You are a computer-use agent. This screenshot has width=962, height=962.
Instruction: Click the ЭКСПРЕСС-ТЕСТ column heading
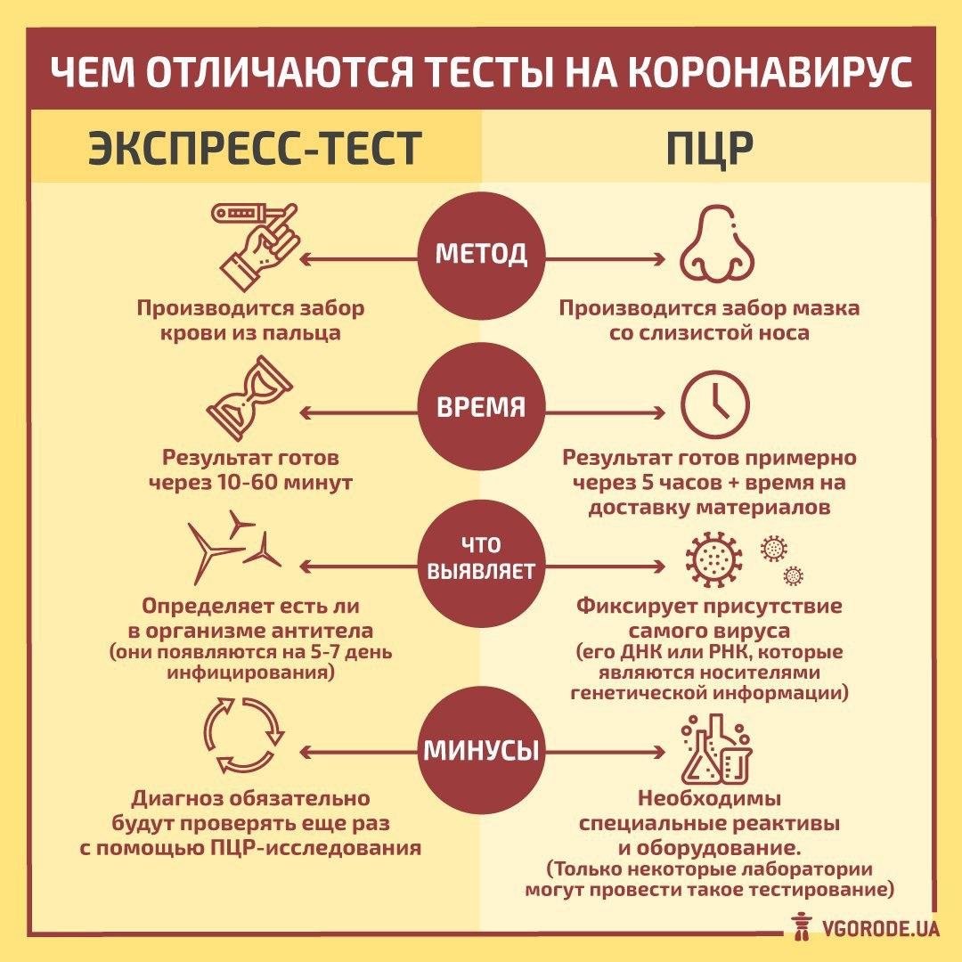click(x=253, y=148)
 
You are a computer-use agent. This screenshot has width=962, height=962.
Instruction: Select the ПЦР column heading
click(x=709, y=148)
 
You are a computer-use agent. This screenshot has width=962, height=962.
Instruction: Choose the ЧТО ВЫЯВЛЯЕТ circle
click(x=481, y=558)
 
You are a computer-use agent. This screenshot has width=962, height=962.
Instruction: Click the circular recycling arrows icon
click(x=242, y=736)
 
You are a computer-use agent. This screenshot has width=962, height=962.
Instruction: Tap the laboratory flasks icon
click(x=716, y=750)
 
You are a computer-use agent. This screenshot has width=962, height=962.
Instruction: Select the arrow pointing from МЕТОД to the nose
click(x=606, y=259)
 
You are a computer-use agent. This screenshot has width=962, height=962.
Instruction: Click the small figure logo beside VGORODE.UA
click(x=800, y=925)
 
